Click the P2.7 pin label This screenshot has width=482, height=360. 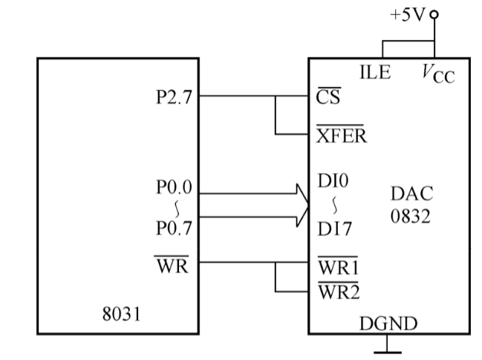click(x=173, y=96)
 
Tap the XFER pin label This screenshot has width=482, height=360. click(x=338, y=135)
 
